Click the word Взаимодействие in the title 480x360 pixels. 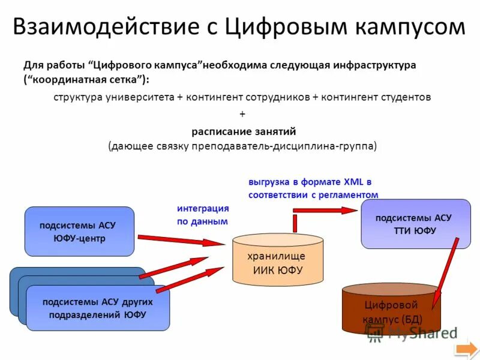coord(112,27)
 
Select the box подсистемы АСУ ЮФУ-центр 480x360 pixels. coord(79,232)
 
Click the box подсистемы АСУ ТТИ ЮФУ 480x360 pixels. coord(415,224)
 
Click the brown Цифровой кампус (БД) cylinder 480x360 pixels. coord(392,309)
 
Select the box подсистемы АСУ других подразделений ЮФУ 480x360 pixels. coord(98,307)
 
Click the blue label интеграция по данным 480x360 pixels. coord(203,215)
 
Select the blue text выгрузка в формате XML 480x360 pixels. coord(310,181)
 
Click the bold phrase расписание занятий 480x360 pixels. coord(244,131)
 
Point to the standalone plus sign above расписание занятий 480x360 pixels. coord(242,113)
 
